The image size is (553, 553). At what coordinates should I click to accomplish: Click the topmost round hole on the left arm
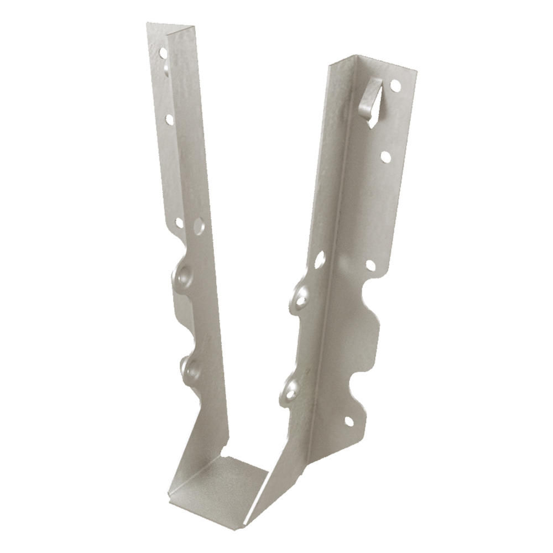pos(163,53)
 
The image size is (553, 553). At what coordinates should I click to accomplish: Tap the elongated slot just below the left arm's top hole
pos(166,69)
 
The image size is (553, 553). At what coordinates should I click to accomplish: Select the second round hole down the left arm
pos(169,119)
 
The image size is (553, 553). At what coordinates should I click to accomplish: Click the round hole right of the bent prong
pos(395,86)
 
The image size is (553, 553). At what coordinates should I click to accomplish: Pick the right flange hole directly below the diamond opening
pos(385,157)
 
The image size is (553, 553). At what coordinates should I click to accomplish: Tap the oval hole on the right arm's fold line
pos(319,259)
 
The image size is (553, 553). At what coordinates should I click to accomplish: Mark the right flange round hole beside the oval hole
pos(371,265)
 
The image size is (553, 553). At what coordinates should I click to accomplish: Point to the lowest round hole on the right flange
pos(349,421)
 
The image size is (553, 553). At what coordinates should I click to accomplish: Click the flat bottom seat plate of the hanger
pos(221,487)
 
